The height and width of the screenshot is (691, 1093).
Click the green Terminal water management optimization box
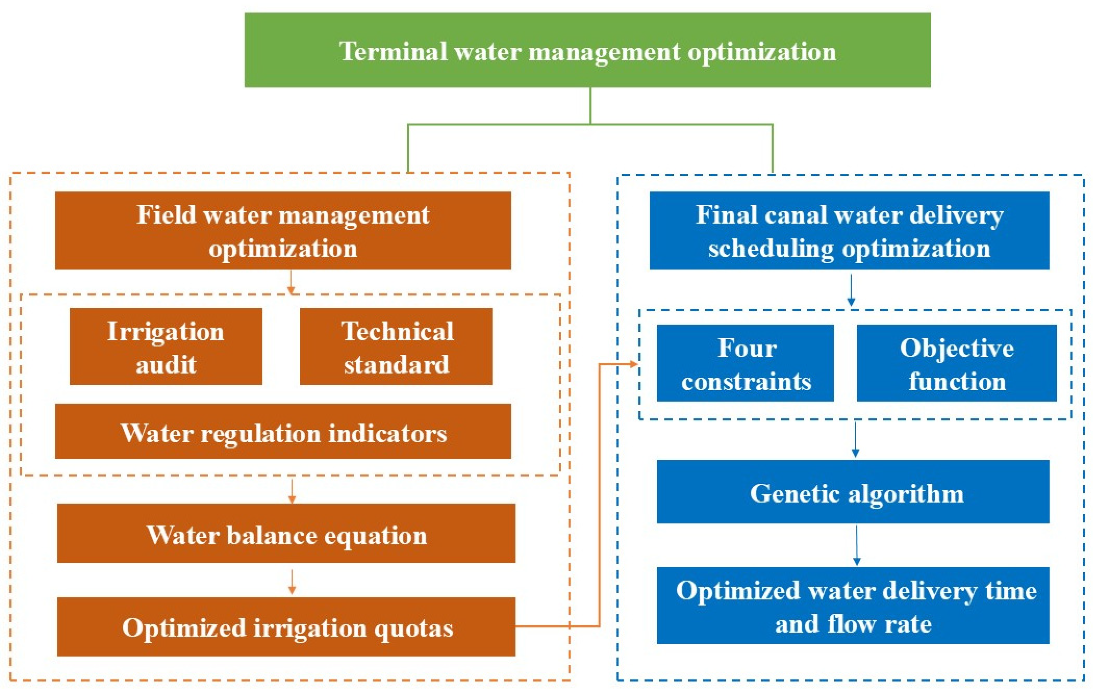coord(587,50)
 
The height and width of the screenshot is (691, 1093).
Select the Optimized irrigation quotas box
coord(286,627)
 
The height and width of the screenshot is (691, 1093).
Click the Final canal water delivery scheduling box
coord(849,230)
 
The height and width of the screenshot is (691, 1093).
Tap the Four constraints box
coord(745,363)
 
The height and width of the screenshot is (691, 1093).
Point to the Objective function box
coord(956,363)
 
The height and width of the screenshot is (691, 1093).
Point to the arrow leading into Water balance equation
coord(292,491)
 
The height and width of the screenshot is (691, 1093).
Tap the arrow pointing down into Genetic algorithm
coord(855,439)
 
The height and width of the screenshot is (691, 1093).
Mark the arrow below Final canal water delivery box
coord(851,289)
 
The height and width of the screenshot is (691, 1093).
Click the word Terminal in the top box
coord(393,51)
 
